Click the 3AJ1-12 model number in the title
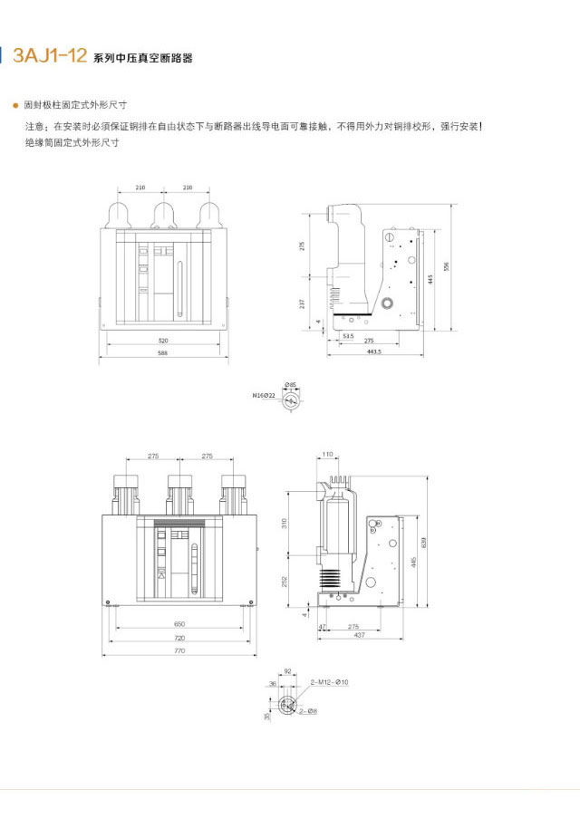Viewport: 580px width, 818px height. pyautogui.click(x=49, y=57)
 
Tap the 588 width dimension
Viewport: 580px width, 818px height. pyautogui.click(x=163, y=352)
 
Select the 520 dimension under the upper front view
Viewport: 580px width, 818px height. pyautogui.click(x=163, y=341)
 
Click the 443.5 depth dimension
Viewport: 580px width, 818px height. pyautogui.click(x=372, y=351)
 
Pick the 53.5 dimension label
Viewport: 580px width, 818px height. pyautogui.click(x=347, y=336)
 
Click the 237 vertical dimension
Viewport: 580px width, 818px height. pyautogui.click(x=303, y=303)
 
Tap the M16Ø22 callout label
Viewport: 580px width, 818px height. pyautogui.click(x=264, y=396)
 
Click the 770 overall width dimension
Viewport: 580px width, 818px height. pyautogui.click(x=179, y=650)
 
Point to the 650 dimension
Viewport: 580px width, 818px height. pyautogui.click(x=179, y=625)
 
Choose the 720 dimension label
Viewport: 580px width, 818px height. pyautogui.click(x=179, y=638)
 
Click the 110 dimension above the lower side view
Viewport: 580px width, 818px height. pyautogui.click(x=328, y=454)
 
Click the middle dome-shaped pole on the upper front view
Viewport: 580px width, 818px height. pyautogui.click(x=164, y=214)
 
